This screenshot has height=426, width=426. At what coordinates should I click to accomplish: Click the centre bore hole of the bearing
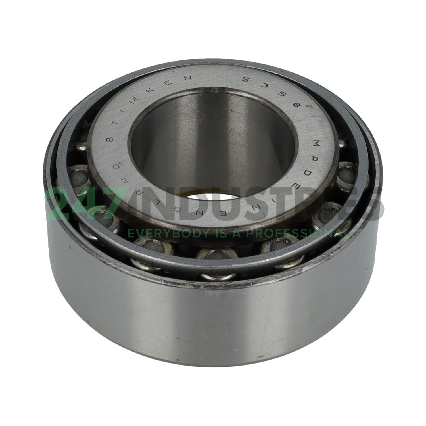point(213,145)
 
